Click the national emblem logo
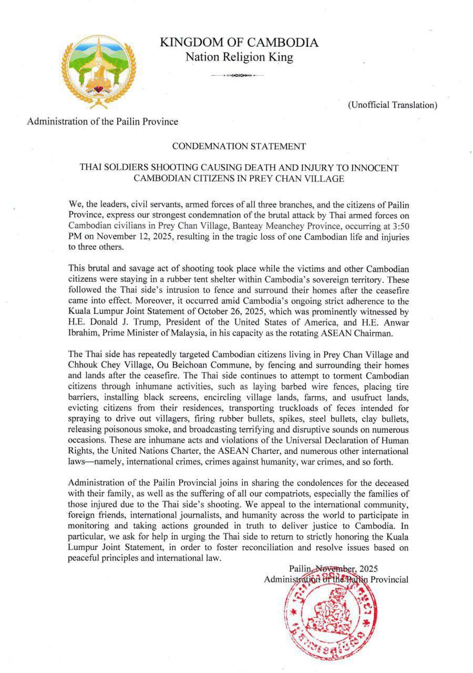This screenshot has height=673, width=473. [x=99, y=70]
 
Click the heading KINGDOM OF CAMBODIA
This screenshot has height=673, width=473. [x=239, y=43]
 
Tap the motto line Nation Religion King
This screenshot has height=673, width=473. [x=239, y=57]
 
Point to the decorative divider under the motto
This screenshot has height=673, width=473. [x=237, y=76]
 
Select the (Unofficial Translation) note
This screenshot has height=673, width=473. [x=392, y=105]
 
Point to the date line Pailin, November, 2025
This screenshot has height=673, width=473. [x=333, y=569]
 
